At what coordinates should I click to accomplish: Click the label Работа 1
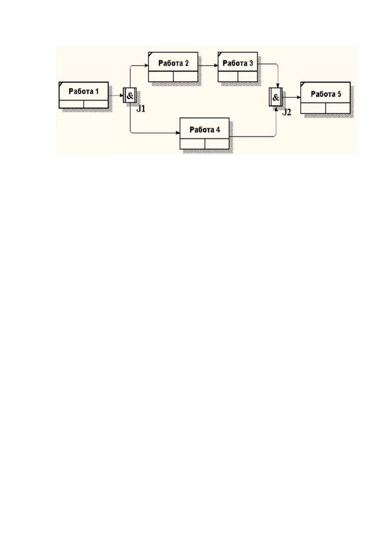coord(84,91)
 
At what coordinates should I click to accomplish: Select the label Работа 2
coord(173,63)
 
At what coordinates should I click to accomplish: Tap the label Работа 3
coord(238,63)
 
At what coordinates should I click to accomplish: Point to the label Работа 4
coord(205,130)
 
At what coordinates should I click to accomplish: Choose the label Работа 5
coord(326,94)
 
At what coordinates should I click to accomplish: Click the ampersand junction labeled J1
coord(130,95)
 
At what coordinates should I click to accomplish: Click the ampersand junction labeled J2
coord(276,97)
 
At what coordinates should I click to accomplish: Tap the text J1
coord(141,109)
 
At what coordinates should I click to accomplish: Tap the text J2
coord(286,112)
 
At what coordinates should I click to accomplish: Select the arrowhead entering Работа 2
coord(147,65)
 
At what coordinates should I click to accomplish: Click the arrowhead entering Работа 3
coord(216,65)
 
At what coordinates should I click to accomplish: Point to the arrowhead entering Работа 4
coord(178,133)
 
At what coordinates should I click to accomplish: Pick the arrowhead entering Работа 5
coord(299,97)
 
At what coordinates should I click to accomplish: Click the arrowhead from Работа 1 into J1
coord(122,95)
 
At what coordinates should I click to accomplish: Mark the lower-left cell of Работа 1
coord(72,104)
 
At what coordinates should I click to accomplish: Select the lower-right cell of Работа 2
coord(185,77)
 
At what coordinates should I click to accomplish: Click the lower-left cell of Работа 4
coord(193,144)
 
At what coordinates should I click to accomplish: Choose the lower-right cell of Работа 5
coord(337,108)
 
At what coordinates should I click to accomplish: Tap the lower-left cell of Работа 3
coord(228,77)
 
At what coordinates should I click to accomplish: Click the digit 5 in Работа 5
coord(339,94)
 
